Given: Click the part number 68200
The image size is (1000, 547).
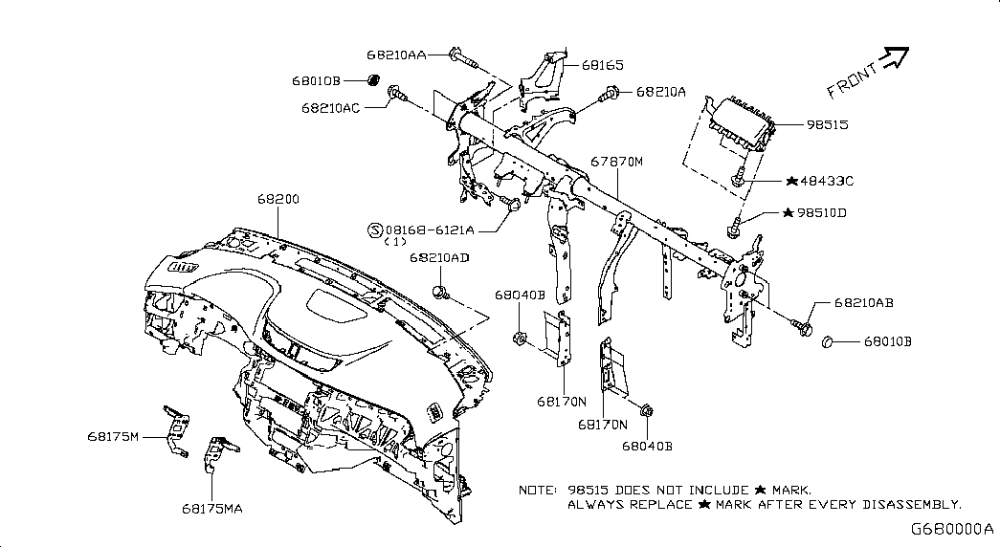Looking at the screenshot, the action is [278, 199].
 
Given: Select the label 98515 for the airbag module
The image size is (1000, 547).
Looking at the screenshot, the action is [827, 125].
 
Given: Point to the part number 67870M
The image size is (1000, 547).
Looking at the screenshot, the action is [616, 162].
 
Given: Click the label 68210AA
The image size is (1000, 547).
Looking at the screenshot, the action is [396, 55].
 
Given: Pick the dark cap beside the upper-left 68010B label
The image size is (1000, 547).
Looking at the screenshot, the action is [373, 80].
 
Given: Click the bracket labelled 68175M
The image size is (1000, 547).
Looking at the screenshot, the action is [176, 431].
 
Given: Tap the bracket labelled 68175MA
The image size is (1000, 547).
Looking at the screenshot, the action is [220, 453].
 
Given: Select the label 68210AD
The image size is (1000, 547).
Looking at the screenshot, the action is [439, 257].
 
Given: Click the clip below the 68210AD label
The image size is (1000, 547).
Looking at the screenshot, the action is [441, 293].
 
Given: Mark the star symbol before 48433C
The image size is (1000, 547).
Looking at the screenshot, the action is [791, 181].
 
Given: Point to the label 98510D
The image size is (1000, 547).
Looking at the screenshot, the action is [821, 213].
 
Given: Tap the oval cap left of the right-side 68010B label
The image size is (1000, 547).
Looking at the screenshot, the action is [827, 342].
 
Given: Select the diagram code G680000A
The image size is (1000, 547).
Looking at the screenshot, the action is [951, 529].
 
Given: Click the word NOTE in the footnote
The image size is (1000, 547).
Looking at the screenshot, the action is [538, 491].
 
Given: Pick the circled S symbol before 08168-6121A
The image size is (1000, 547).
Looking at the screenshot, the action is [376, 230].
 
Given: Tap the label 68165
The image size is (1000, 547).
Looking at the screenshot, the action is [603, 65].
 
